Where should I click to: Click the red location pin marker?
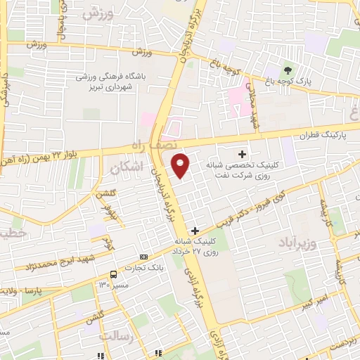click(181, 165)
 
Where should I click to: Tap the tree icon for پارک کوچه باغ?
click(287, 70)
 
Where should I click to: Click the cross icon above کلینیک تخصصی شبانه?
click(243, 153)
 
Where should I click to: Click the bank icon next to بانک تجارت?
click(144, 257)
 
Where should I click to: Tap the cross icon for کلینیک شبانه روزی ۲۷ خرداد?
click(195, 230)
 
